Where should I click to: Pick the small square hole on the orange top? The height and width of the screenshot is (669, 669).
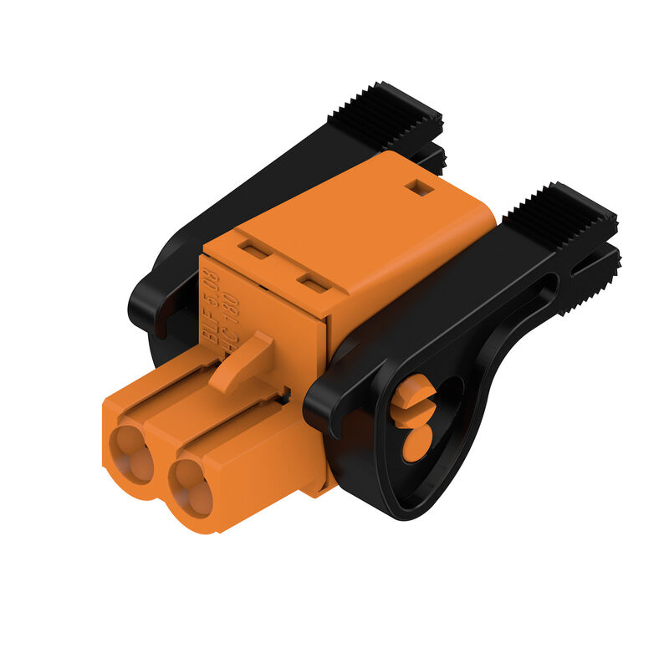pyautogui.click(x=423, y=188)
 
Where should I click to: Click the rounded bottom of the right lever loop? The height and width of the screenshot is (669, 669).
pyautogui.click(x=410, y=506)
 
